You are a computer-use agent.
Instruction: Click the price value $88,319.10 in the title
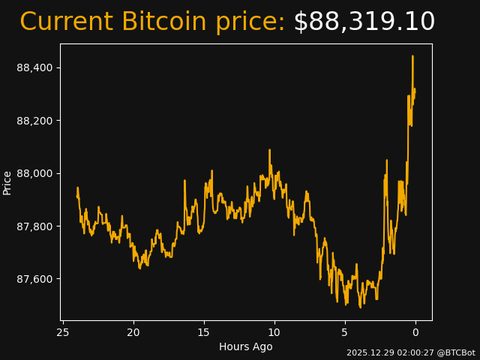pyautogui.click(x=364, y=22)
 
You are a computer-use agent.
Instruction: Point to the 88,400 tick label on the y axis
pyautogui.click(x=34, y=68)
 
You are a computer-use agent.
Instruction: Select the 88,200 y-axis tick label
pyautogui.click(x=34, y=121)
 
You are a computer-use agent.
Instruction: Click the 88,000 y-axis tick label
pyautogui.click(x=34, y=174)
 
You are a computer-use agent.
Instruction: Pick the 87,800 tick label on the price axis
pyautogui.click(x=34, y=226)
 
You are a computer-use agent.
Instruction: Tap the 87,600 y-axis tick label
pyautogui.click(x=34, y=279)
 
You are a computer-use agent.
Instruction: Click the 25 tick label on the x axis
pyautogui.click(x=63, y=332)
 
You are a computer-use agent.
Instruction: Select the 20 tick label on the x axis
pyautogui.click(x=133, y=332)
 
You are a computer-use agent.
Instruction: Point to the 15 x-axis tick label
pyautogui.click(x=204, y=332)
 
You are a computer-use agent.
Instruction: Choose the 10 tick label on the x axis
pyautogui.click(x=274, y=332)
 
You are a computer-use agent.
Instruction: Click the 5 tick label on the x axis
pyautogui.click(x=345, y=332)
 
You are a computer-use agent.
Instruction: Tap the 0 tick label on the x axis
pyautogui.click(x=415, y=332)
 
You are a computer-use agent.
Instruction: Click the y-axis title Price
pyautogui.click(x=7, y=182)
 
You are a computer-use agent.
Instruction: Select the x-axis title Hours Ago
pyautogui.click(x=245, y=346)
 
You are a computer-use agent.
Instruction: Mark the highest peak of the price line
pyautogui.click(x=412, y=56)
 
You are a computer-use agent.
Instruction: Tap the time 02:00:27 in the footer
pyautogui.click(x=412, y=352)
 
